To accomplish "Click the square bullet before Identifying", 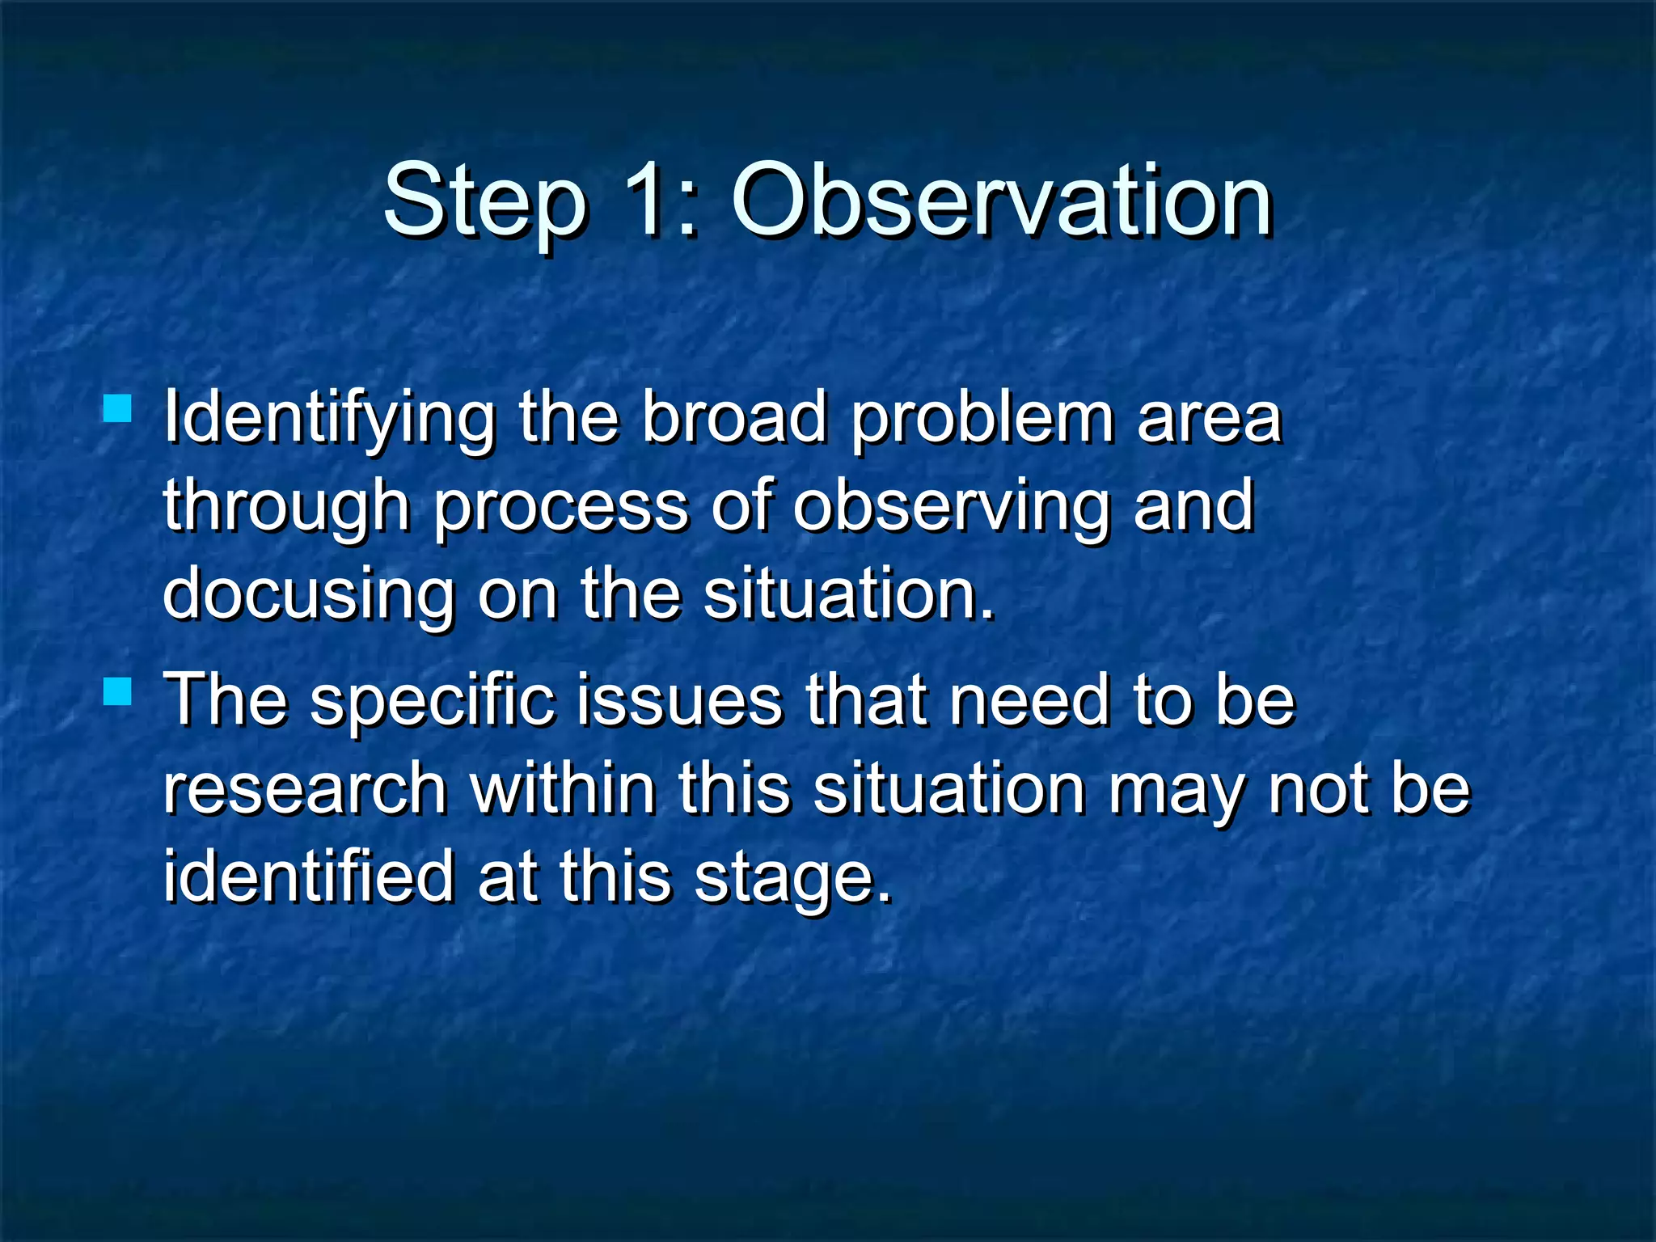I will pyautogui.click(x=118, y=408).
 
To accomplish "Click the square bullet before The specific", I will pyautogui.click(x=118, y=691).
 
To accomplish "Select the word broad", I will pyautogui.click(x=734, y=418).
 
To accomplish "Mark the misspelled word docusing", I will pyautogui.click(x=308, y=596).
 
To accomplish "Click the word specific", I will pyautogui.click(x=433, y=702).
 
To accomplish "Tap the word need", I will pyautogui.click(x=1029, y=700).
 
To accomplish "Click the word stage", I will pyautogui.click(x=792, y=880).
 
